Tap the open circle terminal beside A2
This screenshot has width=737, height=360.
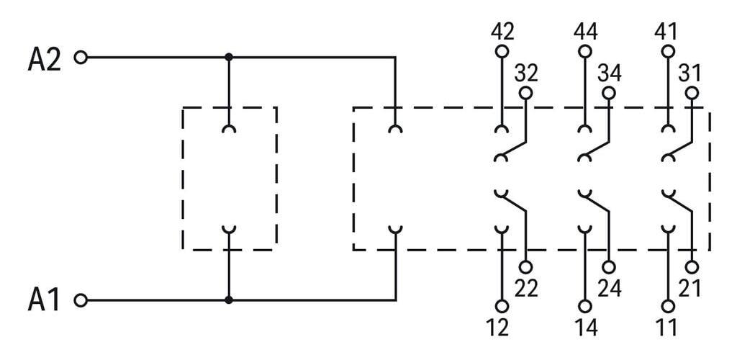[x=81, y=58]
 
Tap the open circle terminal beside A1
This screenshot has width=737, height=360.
[x=81, y=300]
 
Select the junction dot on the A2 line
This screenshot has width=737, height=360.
[x=229, y=58]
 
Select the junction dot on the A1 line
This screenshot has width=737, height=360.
[x=229, y=300]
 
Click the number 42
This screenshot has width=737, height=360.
[x=502, y=32]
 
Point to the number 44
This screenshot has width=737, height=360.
[x=585, y=32]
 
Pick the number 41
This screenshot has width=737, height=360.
[x=666, y=32]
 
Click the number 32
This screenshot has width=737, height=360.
[x=526, y=73]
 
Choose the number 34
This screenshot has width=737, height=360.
[x=609, y=73]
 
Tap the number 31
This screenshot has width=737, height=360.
[x=689, y=73]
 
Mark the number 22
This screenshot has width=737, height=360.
[x=526, y=288]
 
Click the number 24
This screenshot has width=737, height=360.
[x=609, y=288]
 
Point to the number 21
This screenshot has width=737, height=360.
[x=689, y=288]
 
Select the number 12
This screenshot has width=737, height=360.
[x=498, y=328]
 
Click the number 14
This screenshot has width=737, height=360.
[x=586, y=328]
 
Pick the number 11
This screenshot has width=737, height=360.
[x=666, y=328]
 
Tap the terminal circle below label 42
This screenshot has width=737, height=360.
[x=502, y=50]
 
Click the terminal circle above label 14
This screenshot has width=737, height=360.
[x=585, y=307]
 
